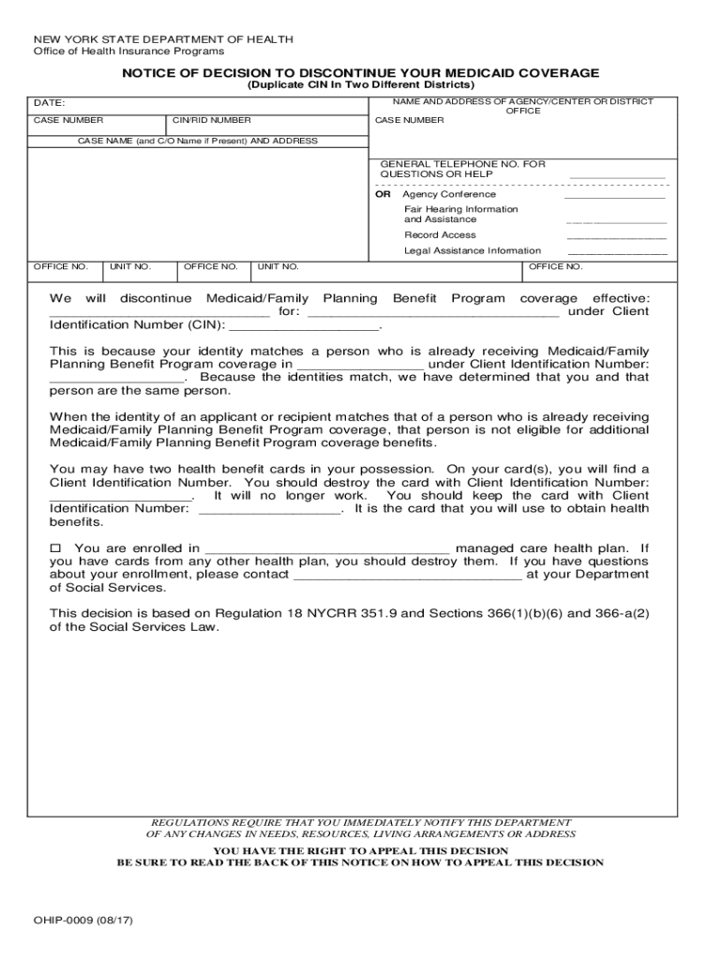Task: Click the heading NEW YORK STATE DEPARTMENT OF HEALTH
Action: tap(163, 39)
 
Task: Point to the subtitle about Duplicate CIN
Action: tap(361, 85)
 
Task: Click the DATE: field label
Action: tap(50, 103)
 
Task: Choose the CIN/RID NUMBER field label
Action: tap(212, 121)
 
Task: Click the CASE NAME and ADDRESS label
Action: tap(197, 142)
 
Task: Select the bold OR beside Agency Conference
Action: tap(383, 195)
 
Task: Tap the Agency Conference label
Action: tap(443, 195)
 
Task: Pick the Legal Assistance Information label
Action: tap(473, 251)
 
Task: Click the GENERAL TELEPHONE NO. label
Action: tap(462, 164)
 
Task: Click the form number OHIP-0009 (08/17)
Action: tap(83, 921)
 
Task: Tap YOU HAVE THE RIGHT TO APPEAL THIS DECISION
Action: tap(361, 850)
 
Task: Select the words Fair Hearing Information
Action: tap(460, 209)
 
